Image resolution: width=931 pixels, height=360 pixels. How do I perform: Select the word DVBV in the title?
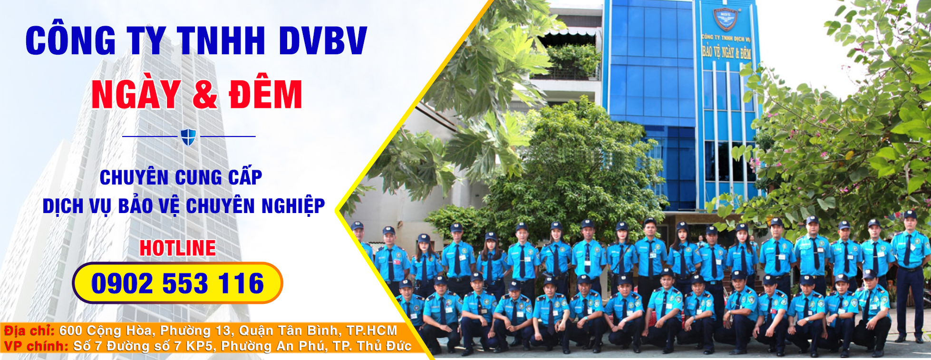coord(323,41)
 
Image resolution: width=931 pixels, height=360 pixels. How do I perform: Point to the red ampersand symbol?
coord(205,95)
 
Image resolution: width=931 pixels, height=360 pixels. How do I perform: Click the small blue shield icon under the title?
coord(188,137)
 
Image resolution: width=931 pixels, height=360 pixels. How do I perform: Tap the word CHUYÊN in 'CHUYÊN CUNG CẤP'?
coord(134,177)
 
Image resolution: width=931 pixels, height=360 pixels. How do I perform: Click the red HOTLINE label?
coord(178,248)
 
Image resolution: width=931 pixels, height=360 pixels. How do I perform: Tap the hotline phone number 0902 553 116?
coord(177,283)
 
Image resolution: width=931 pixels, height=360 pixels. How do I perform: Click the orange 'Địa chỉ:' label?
coord(29,331)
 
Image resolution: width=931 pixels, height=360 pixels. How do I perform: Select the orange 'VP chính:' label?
coord(36,346)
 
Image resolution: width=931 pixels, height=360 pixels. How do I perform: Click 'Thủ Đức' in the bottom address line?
coord(384,346)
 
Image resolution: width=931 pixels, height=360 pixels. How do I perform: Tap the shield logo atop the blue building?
coord(725,19)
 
